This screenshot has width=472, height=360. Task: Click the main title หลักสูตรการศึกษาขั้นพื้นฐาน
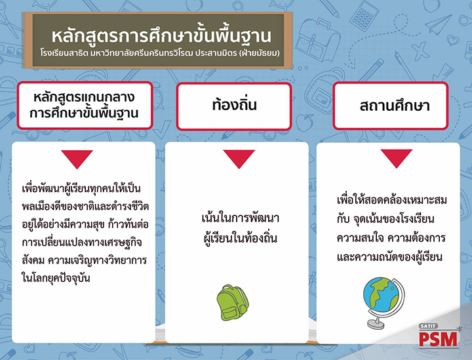(161, 36)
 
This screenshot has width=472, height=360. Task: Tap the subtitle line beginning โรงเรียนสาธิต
(160, 53)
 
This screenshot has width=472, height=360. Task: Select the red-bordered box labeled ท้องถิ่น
(234, 106)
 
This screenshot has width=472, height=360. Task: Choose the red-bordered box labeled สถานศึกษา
(391, 106)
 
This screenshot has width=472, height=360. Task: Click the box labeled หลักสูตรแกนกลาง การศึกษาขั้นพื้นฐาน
(85, 106)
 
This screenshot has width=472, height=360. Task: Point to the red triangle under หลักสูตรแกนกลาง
(77, 159)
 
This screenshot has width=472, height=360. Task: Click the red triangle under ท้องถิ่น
(239, 159)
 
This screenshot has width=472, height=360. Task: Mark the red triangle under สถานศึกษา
(397, 159)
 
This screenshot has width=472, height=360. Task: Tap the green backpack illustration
(232, 302)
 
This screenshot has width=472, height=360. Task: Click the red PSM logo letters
(438, 339)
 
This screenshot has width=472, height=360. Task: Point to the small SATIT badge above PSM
(428, 327)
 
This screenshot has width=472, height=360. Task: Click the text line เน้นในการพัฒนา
(240, 218)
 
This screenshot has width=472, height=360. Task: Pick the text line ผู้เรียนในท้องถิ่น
(240, 237)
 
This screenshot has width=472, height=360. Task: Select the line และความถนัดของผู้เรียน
(389, 257)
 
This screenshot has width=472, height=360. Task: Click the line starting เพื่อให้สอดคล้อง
(391, 199)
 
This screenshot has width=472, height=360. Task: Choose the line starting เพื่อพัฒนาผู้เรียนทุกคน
(81, 188)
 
